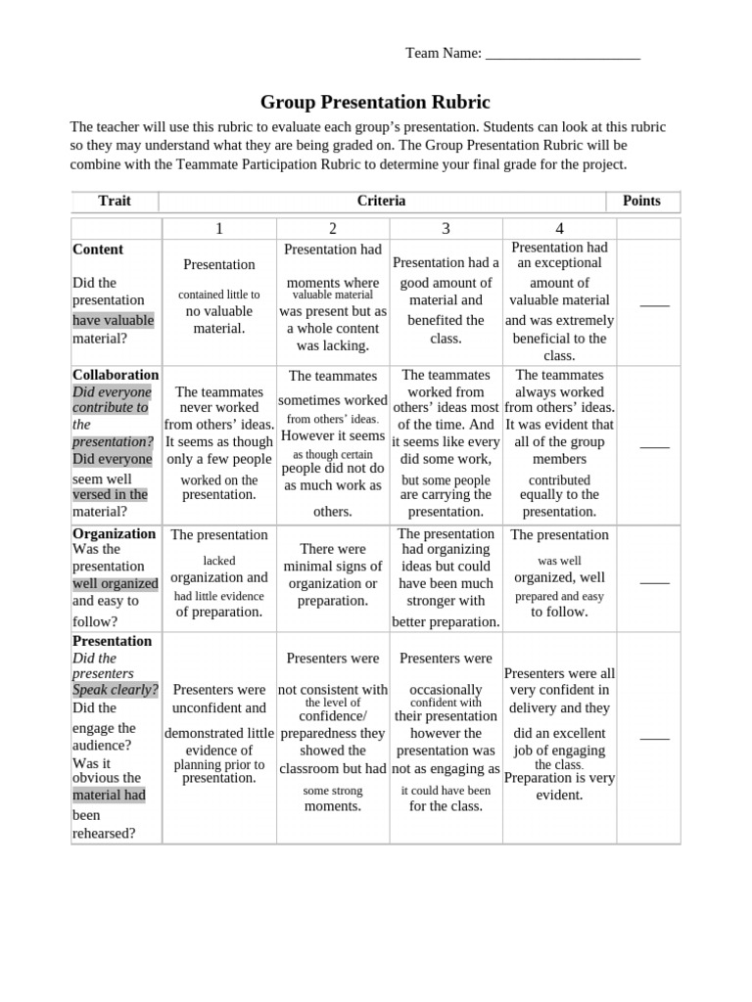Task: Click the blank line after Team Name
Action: point(562,55)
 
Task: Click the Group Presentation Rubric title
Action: point(375,103)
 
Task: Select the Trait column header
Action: point(115,202)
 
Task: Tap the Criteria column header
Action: point(382,202)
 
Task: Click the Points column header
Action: point(641,202)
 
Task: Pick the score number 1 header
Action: point(219,229)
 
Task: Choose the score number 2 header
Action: point(333,229)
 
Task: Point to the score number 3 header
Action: point(446,229)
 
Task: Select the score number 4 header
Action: point(559,229)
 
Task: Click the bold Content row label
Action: point(98,250)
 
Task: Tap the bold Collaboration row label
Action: point(116,375)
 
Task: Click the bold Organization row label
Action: point(114,533)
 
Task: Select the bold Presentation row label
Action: point(112,641)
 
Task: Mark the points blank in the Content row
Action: point(654,303)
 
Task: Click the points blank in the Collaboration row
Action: point(654,445)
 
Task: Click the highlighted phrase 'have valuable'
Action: point(113,321)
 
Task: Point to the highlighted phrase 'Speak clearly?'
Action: point(116,690)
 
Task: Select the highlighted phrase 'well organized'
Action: point(115,584)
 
